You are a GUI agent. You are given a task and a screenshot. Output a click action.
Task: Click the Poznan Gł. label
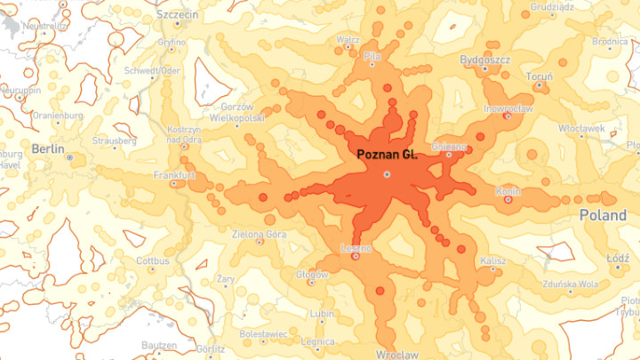387,155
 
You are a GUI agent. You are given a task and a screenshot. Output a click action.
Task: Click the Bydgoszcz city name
485,60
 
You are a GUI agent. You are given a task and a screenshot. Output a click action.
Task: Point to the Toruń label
539,76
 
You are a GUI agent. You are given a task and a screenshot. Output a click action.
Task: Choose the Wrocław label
397,354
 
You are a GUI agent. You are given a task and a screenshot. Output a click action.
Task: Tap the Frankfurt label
174,175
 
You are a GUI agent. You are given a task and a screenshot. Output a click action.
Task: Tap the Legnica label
317,341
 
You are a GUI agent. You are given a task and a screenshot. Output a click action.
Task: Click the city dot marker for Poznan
387,174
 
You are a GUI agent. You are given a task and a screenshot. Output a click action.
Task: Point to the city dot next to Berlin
69,157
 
